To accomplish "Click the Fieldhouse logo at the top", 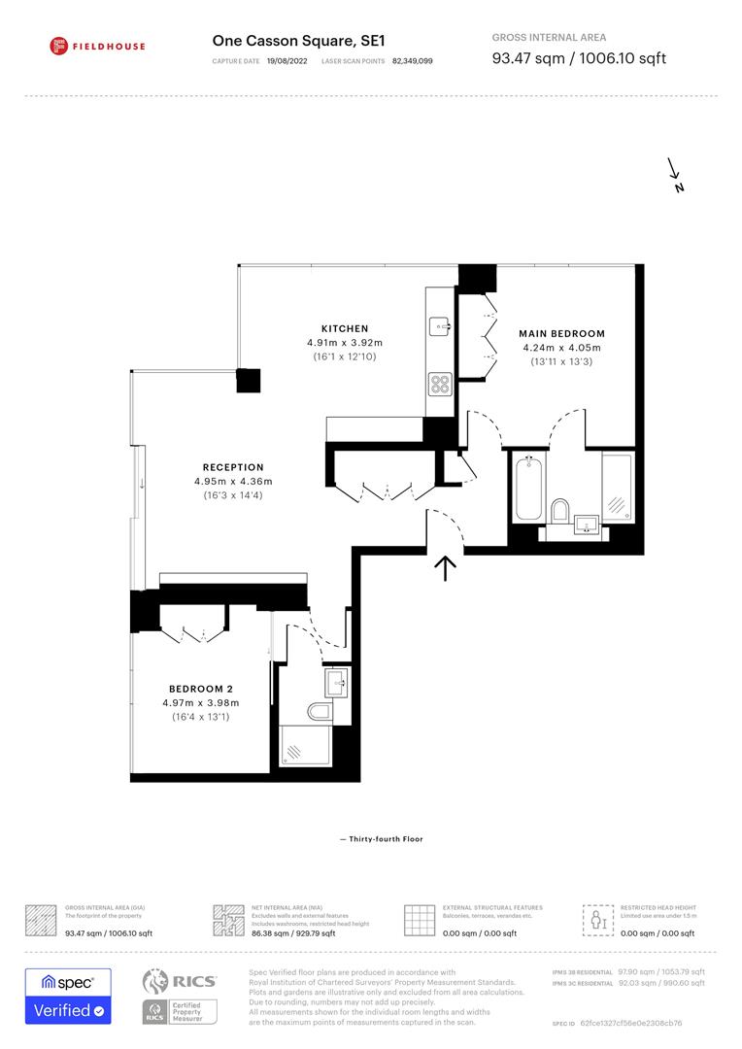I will [97, 46].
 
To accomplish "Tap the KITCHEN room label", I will [345, 328].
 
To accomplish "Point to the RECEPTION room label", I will [233, 467].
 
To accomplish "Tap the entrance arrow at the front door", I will [446, 567].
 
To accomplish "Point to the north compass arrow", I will [674, 175].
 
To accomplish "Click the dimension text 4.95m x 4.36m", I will [233, 482].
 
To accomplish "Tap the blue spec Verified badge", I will [68, 996].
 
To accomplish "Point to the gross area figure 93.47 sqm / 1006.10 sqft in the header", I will [579, 58].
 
